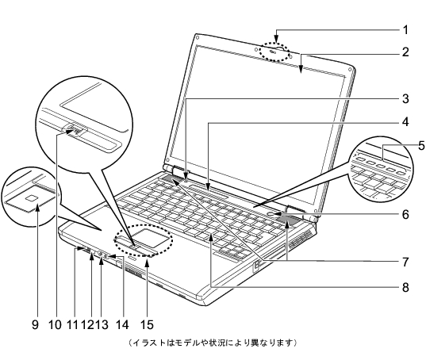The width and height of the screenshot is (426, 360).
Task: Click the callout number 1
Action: click(x=405, y=30)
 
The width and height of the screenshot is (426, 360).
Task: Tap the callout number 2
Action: click(x=405, y=52)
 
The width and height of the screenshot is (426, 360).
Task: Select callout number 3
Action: click(x=405, y=99)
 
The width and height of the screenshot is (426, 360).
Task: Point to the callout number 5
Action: click(x=421, y=146)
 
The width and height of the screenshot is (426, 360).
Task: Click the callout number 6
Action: click(x=405, y=215)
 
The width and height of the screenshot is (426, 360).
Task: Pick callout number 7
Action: click(x=405, y=262)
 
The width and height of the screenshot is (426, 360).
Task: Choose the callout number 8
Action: click(x=405, y=287)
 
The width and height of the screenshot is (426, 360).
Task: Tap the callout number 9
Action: click(x=35, y=324)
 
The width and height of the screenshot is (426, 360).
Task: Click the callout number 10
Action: click(x=56, y=324)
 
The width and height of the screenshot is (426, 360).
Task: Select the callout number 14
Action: click(x=122, y=324)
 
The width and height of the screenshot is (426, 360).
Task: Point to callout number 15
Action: click(x=147, y=324)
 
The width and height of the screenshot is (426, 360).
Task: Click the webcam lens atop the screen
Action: click(x=273, y=51)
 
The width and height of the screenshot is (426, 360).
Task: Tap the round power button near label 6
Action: click(x=272, y=214)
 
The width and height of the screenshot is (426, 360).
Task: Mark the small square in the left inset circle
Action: click(x=31, y=198)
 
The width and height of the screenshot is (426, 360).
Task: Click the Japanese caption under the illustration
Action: click(x=213, y=343)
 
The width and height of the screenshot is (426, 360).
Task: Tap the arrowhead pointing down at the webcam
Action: click(x=276, y=40)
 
